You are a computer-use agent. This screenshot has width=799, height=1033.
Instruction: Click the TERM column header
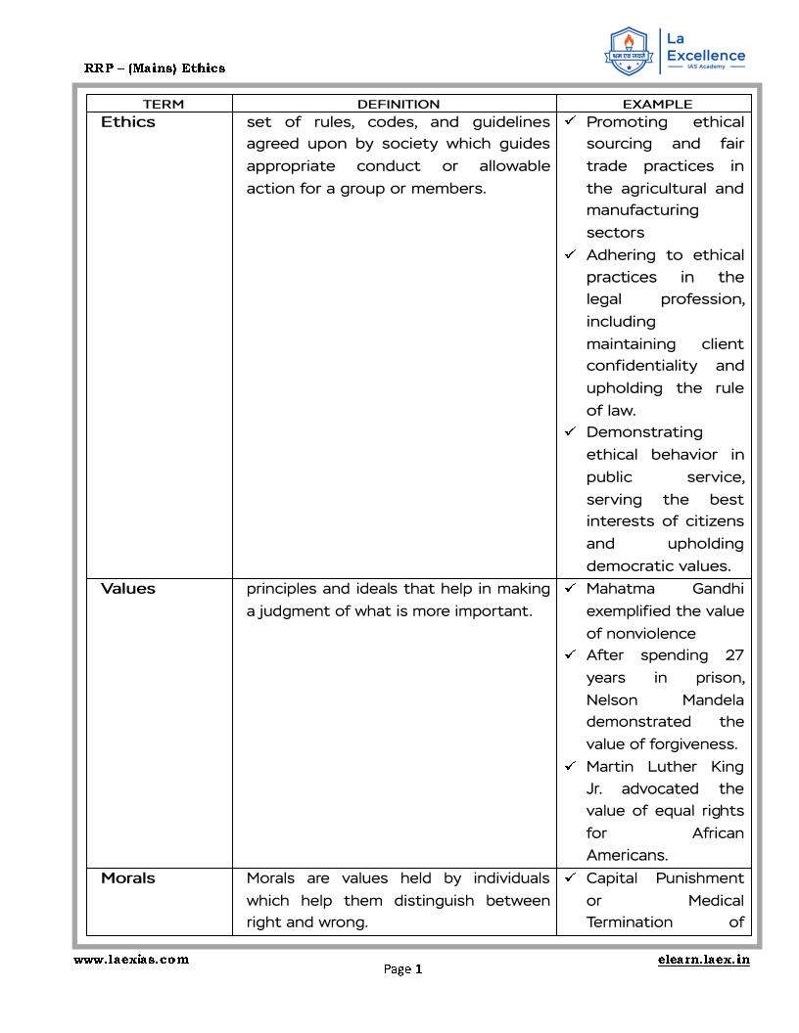click(163, 104)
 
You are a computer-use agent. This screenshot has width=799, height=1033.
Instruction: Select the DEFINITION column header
click(398, 104)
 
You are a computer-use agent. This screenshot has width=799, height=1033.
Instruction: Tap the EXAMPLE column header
click(657, 104)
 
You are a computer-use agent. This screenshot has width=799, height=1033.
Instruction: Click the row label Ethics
click(127, 122)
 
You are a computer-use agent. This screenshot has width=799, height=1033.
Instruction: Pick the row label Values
click(127, 589)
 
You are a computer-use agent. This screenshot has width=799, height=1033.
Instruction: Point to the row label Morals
click(127, 878)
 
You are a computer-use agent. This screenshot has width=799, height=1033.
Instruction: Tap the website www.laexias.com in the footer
click(131, 960)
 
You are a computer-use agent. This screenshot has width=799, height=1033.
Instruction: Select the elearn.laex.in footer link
click(704, 960)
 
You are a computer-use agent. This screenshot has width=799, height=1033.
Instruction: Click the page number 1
click(418, 969)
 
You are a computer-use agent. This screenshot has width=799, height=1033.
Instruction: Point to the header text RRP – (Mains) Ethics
click(155, 67)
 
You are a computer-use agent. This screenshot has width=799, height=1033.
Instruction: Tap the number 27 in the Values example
click(734, 655)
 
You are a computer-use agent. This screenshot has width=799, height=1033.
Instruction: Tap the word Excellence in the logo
click(705, 56)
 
